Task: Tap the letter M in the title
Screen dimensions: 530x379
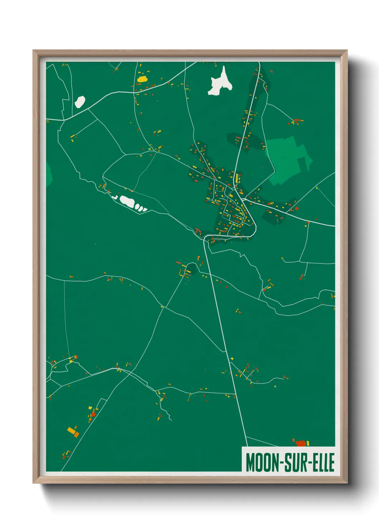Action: (x=251, y=462)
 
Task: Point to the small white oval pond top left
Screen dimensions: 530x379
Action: (x=80, y=102)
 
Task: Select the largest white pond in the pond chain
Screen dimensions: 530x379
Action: (x=127, y=201)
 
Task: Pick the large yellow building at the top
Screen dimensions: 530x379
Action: (x=142, y=79)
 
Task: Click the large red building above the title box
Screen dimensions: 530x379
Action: (x=300, y=443)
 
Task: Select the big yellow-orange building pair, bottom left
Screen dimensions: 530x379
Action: (x=73, y=432)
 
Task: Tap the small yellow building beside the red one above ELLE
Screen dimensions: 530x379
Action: (x=308, y=443)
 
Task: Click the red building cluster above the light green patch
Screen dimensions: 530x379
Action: (x=296, y=121)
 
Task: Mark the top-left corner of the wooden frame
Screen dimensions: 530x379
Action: (x=33, y=50)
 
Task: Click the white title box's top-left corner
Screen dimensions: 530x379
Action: (x=242, y=447)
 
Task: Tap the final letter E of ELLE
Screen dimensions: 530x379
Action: (x=331, y=462)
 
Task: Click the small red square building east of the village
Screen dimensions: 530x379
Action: (x=297, y=208)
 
